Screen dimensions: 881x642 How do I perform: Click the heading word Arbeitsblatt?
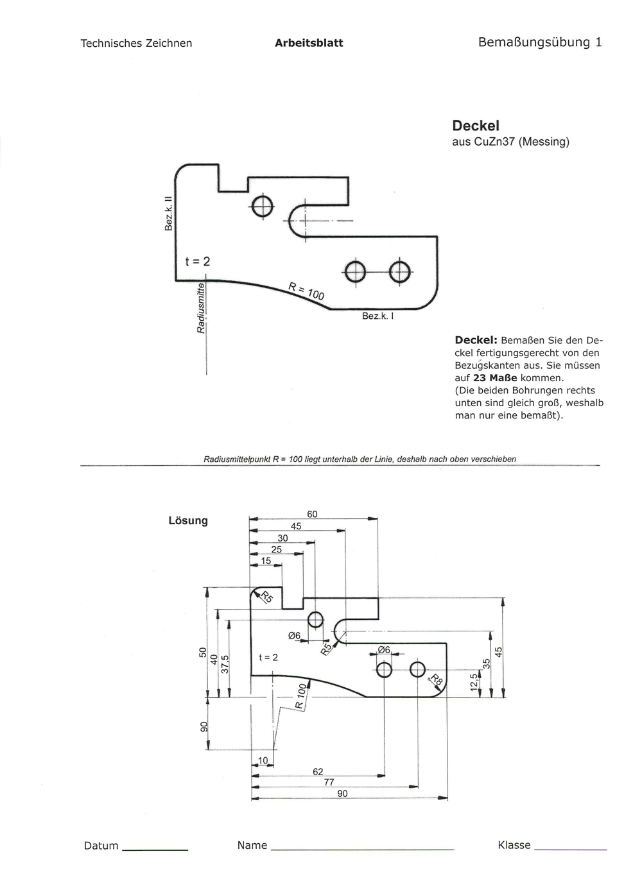[309, 43]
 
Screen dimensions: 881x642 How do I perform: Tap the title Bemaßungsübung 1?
[540, 42]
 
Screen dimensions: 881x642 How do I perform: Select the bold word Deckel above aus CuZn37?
[475, 126]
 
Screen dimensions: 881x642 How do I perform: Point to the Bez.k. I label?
[377, 316]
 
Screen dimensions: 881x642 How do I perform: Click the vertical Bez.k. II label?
[169, 214]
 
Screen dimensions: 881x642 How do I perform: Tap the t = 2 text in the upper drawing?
[198, 261]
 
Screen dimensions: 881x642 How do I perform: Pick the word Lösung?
[188, 520]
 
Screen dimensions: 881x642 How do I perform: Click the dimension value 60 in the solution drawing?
[312, 514]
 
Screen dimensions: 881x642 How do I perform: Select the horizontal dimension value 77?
[329, 782]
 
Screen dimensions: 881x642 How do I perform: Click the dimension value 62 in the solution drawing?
[318, 772]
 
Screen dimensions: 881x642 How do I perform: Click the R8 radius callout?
[437, 680]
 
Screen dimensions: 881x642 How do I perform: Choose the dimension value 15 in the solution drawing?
[266, 560]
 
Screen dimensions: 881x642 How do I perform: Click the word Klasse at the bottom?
[514, 845]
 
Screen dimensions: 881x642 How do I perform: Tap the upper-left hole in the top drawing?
[263, 206]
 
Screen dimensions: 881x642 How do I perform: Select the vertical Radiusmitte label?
[200, 307]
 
